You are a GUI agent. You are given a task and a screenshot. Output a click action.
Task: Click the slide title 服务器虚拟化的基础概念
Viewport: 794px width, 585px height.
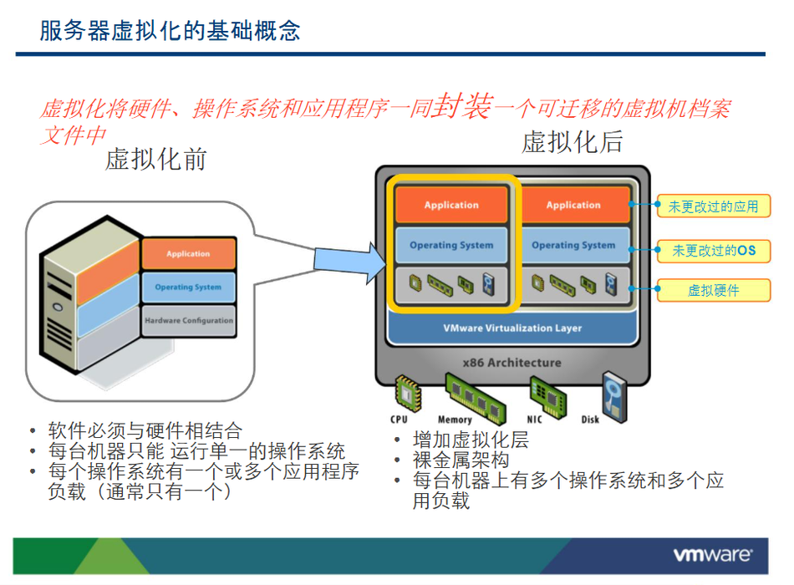click(171, 32)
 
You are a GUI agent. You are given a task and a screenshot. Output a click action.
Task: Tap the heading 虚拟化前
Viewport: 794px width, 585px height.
click(155, 159)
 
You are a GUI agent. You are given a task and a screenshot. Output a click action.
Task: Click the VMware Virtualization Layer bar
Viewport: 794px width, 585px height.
click(512, 328)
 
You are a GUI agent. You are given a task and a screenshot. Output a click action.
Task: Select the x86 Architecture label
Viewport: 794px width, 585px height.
click(512, 363)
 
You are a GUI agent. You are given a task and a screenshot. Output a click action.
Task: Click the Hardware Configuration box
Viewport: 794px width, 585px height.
click(189, 320)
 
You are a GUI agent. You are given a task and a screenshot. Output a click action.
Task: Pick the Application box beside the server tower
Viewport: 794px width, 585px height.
click(189, 254)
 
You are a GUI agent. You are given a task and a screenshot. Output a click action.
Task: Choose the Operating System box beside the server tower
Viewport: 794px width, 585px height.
click(189, 287)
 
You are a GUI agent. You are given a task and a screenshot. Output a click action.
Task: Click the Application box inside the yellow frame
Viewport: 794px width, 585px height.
click(451, 205)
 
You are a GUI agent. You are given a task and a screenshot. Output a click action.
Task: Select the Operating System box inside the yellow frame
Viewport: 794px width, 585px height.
click(451, 246)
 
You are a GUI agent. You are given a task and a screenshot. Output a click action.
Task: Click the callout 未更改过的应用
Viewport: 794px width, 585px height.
click(713, 206)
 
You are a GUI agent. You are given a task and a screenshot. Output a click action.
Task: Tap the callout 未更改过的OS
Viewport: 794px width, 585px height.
click(713, 250)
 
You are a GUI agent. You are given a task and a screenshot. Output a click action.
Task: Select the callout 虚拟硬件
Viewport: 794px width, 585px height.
click(713, 291)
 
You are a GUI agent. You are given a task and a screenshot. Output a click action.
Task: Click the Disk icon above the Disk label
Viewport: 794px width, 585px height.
click(613, 393)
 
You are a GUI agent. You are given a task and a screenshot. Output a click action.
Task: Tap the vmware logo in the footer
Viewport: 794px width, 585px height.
click(713, 554)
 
